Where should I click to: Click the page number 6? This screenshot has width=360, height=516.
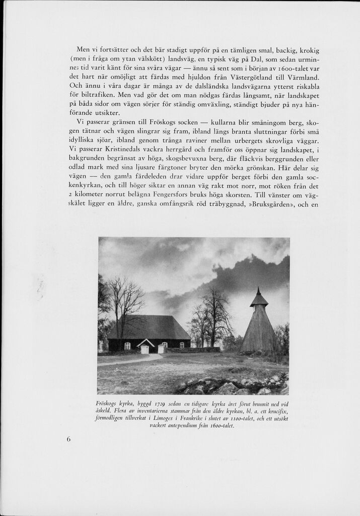tap(68, 439)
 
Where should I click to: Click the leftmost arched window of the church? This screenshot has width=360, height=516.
tap(127, 345)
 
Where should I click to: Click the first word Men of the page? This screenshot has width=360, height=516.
tap(83, 49)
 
